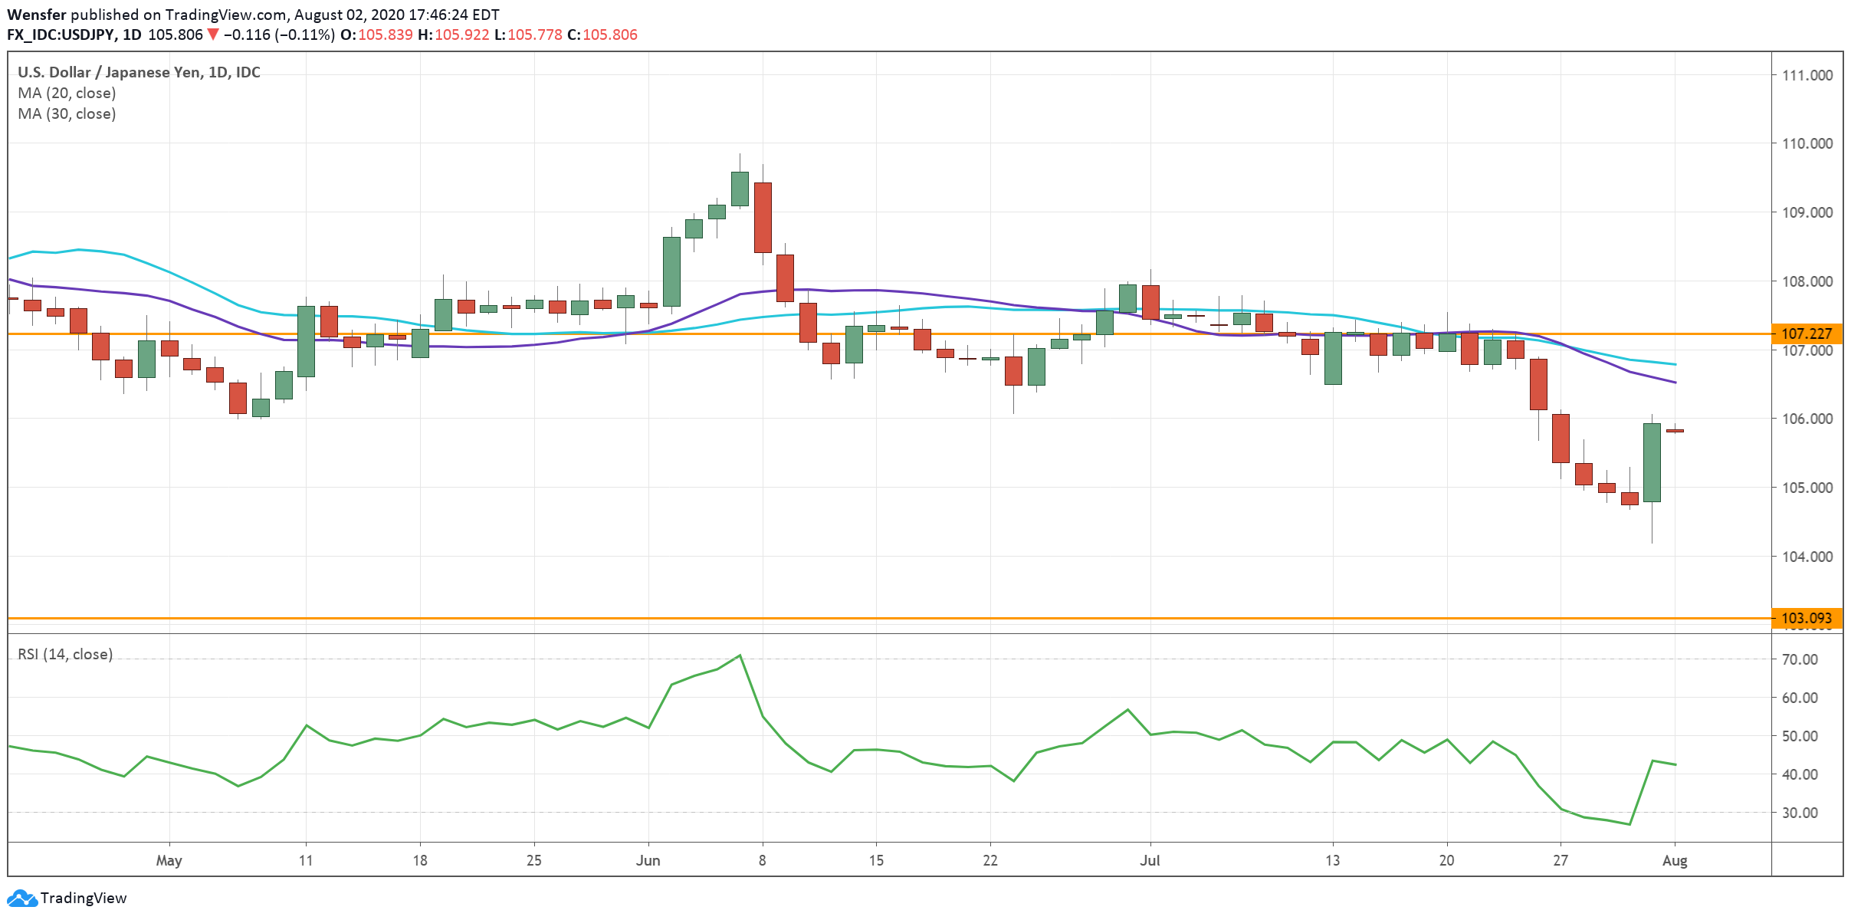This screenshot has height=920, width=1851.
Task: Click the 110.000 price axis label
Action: [1807, 144]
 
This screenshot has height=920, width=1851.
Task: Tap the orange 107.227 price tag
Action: [1807, 333]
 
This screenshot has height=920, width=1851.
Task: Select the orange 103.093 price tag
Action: [1807, 618]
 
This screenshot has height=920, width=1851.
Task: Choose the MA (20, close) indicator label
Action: [67, 93]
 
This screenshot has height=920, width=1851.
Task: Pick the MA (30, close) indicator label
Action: [67, 113]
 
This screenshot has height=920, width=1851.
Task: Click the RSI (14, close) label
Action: [65, 654]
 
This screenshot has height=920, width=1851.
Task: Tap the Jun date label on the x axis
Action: [648, 860]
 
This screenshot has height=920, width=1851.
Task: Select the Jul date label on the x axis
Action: [1150, 860]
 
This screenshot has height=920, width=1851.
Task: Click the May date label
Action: [169, 860]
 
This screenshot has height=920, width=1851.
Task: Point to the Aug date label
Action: [1675, 860]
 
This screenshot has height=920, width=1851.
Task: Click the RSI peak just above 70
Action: [740, 655]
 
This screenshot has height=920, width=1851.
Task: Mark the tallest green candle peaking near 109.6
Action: [740, 189]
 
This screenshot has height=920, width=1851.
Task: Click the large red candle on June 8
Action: [763, 217]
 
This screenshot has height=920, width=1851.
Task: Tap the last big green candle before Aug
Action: [1652, 462]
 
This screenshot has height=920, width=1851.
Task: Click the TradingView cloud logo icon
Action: [21, 898]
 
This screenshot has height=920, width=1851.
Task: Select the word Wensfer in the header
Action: [37, 15]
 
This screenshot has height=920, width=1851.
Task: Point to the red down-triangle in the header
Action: [213, 34]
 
